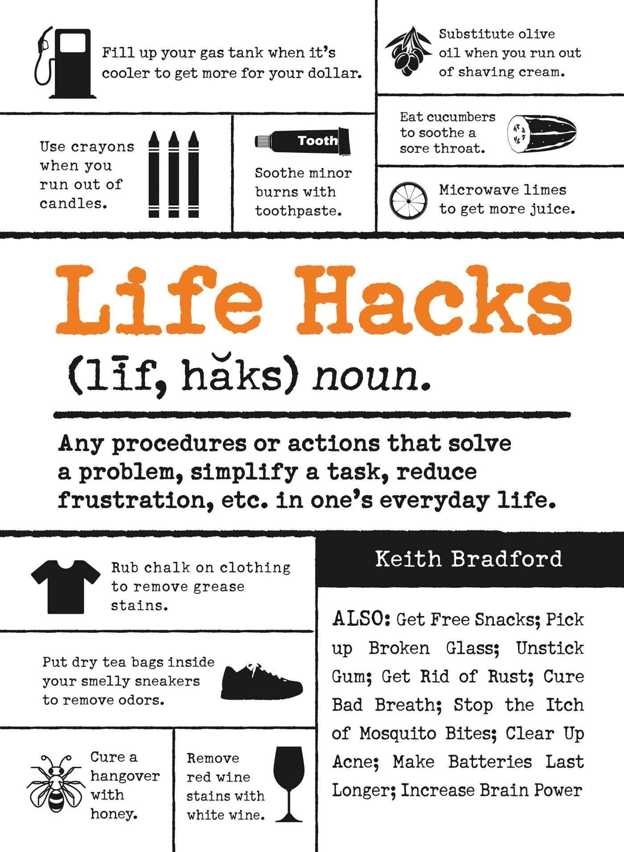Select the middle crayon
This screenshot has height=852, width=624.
(174, 174)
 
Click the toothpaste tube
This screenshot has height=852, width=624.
(303, 141)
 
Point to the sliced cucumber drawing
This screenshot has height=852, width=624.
(542, 133)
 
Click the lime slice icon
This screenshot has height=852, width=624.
(408, 201)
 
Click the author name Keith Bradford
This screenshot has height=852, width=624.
(468, 559)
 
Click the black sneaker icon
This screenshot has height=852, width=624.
(262, 681)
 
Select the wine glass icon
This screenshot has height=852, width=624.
(289, 783)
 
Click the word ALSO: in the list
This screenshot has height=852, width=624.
(361, 619)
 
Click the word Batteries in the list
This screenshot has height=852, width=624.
(490, 762)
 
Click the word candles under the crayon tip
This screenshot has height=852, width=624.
(74, 203)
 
